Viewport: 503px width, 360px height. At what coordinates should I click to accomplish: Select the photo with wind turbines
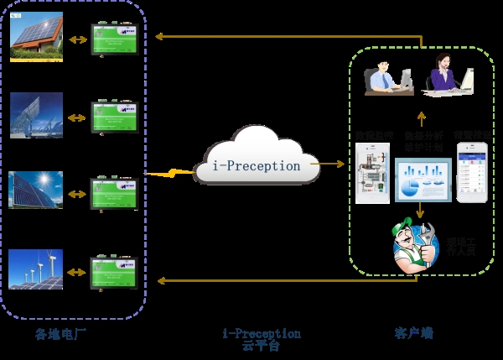click(36, 269)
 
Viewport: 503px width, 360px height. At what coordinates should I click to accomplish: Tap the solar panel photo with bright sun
click(36, 192)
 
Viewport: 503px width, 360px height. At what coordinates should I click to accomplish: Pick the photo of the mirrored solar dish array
click(36, 115)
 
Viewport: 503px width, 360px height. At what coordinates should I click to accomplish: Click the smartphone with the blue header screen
click(471, 171)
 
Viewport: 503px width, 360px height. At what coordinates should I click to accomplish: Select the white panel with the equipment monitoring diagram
click(370, 174)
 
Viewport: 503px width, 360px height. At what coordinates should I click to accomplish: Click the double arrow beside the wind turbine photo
click(77, 270)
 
